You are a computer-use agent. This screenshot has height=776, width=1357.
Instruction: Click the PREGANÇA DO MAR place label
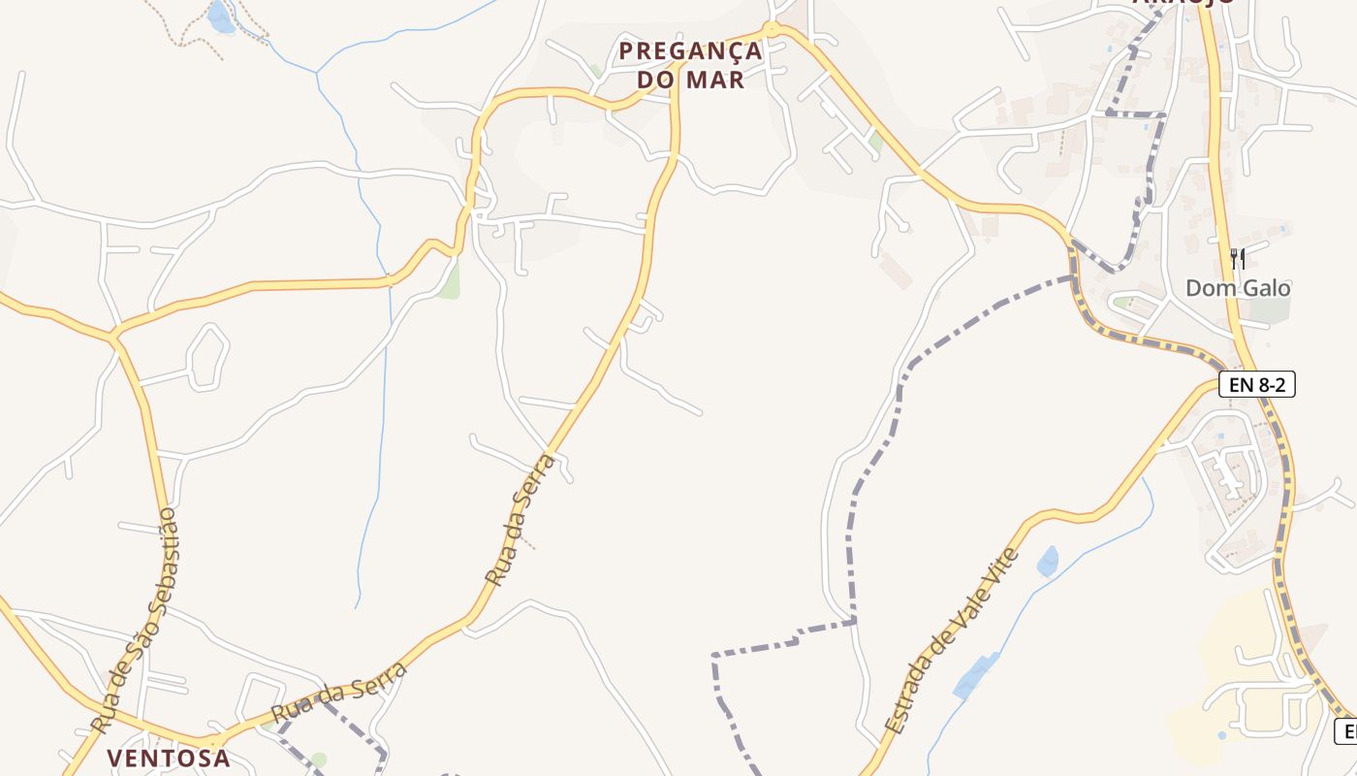coord(690,65)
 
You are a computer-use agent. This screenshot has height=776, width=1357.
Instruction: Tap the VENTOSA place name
coord(169,758)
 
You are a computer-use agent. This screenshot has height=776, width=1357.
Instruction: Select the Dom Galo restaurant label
coord(1238,288)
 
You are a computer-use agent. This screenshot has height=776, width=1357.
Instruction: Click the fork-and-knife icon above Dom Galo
coord(1238,258)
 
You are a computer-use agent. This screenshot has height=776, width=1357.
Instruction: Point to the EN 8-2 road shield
coord(1256,385)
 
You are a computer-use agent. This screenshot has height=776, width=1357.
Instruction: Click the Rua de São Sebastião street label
coord(135,620)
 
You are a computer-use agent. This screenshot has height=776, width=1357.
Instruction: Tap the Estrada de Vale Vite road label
coord(952,640)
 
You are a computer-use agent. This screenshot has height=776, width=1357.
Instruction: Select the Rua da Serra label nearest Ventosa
coord(338,693)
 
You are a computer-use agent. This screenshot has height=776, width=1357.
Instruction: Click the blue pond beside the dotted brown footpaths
coord(220,16)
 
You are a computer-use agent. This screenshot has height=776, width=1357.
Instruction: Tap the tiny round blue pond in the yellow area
coord(1220,735)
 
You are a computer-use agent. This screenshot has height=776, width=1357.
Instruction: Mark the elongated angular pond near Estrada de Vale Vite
coord(976,675)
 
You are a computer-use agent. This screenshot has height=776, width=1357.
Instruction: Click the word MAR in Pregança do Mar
coord(714,80)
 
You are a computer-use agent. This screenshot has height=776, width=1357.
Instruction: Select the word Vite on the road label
coord(1001,571)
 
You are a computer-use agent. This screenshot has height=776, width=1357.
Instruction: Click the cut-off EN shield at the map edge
coord(1346,731)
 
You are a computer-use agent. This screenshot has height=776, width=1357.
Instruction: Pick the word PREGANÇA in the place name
coord(690,50)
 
